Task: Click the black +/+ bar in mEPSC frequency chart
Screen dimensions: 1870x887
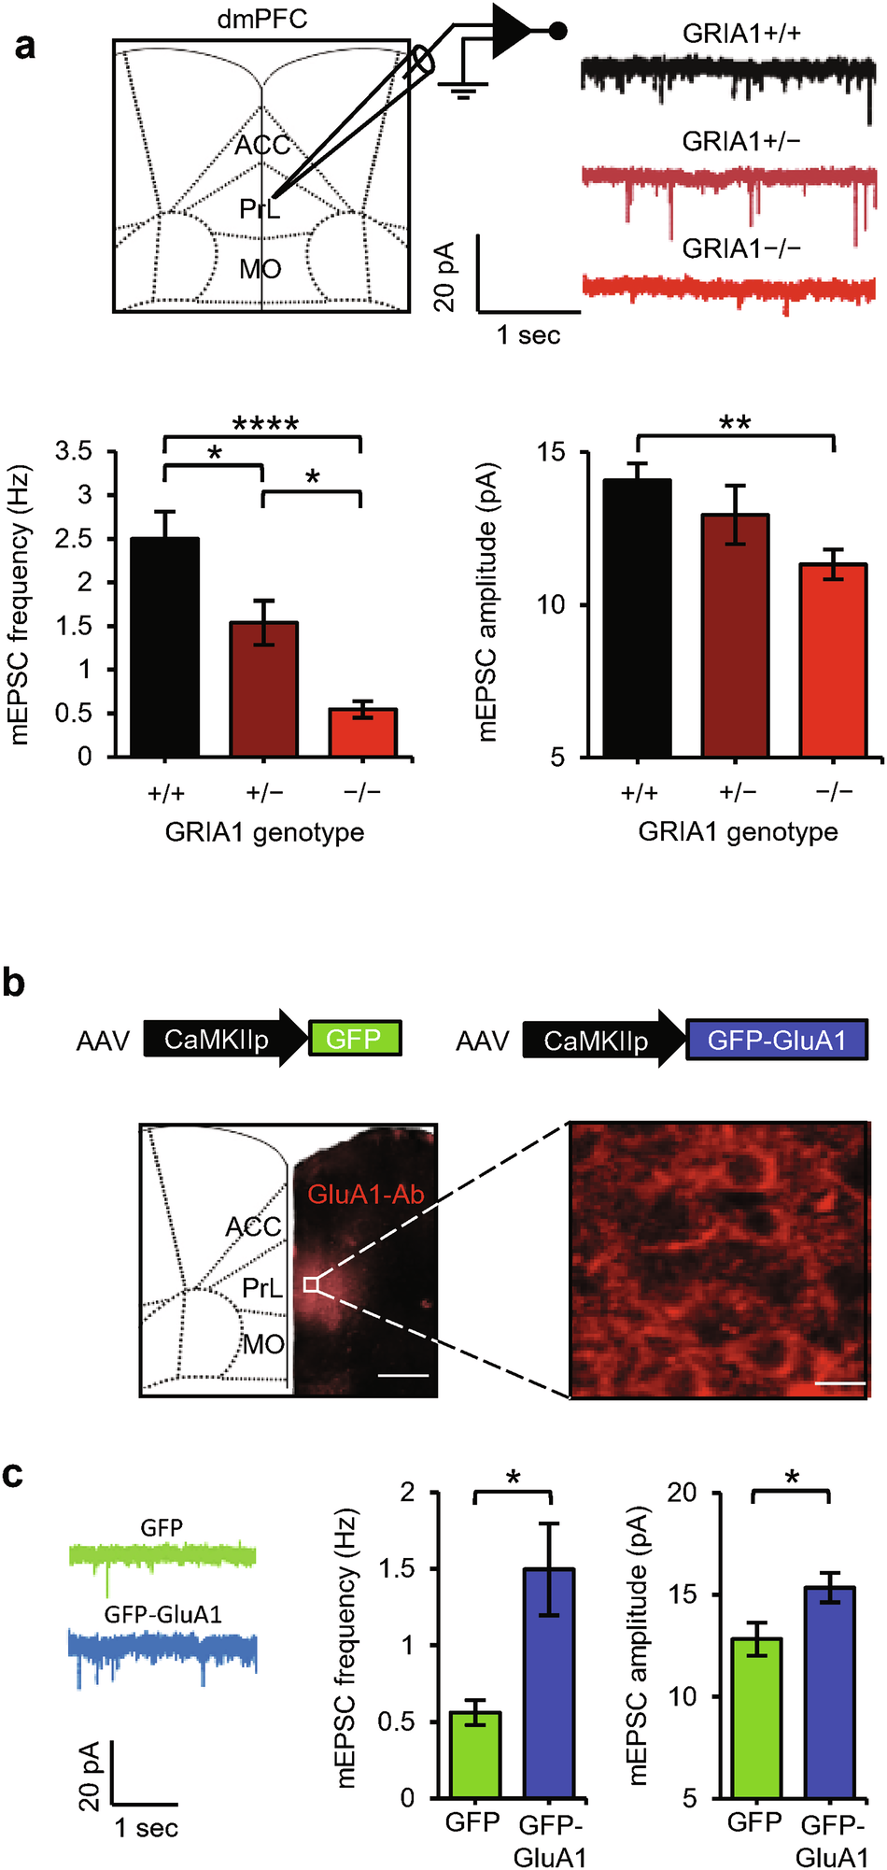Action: [165, 646]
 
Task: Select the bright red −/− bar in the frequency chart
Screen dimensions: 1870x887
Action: [362, 732]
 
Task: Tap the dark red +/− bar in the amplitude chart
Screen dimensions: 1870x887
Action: [735, 635]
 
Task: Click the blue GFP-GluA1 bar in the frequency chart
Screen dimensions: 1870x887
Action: [548, 1682]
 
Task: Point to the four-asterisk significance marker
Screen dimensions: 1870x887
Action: [265, 425]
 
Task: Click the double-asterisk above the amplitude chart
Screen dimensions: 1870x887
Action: [735, 423]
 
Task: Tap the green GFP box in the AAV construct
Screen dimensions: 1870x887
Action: [354, 1039]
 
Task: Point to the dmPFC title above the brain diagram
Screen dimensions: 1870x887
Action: [262, 20]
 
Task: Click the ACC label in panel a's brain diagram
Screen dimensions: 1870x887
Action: [262, 146]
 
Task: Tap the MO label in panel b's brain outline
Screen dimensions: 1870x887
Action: [263, 1344]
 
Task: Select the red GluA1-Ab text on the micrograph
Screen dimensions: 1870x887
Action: [366, 1194]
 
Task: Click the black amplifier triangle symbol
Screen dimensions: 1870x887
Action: [509, 31]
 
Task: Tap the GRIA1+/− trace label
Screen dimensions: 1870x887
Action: [741, 141]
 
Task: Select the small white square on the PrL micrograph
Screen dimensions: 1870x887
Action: [311, 1285]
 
